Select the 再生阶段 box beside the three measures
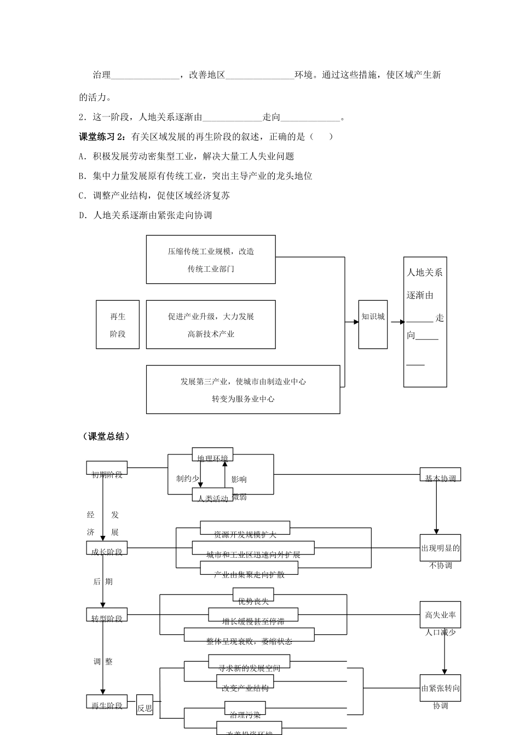(x=118, y=324)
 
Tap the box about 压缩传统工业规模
(x=211, y=260)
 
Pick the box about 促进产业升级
(x=211, y=324)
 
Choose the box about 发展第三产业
(x=243, y=389)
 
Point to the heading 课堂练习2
(x=102, y=137)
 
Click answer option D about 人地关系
(x=146, y=215)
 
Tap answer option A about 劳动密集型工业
(x=187, y=156)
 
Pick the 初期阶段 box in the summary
(x=107, y=468)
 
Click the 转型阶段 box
(x=107, y=615)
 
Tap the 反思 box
(x=145, y=705)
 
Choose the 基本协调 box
(x=441, y=474)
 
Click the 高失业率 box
(x=441, y=615)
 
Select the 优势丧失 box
(x=253, y=594)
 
